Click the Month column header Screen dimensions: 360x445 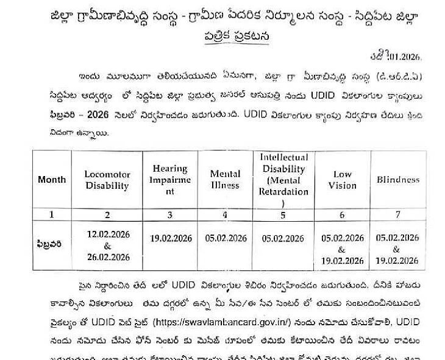[52, 180]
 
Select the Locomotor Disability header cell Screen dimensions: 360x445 [107, 180]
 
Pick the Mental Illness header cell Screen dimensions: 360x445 [225, 180]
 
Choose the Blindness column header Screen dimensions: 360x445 [397, 180]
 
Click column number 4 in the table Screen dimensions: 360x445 [225, 214]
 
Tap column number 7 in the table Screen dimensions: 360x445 [397, 214]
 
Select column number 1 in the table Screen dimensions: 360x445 [52, 214]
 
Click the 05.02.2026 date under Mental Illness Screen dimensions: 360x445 [225, 239]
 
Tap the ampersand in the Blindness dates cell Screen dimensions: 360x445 [397, 249]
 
